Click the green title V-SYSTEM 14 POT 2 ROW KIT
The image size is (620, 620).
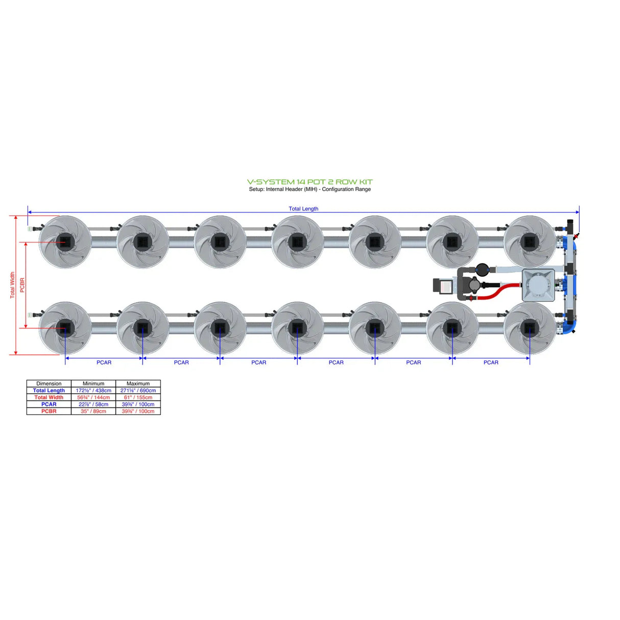pyautogui.click(x=309, y=182)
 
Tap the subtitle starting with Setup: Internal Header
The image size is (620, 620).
pyautogui.click(x=309, y=189)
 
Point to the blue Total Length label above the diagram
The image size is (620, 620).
pyautogui.click(x=303, y=208)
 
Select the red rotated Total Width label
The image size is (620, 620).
pyautogui.click(x=13, y=285)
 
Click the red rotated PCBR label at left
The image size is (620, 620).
pyautogui.click(x=22, y=285)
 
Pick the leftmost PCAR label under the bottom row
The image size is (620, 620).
pyautogui.click(x=104, y=363)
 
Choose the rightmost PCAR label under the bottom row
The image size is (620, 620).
pyautogui.click(x=491, y=363)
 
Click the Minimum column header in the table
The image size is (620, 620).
pyautogui.click(x=93, y=384)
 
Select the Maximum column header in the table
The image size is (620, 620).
pyautogui.click(x=138, y=384)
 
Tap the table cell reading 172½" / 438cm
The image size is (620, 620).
pyautogui.click(x=93, y=390)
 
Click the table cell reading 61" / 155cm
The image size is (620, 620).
pyautogui.click(x=138, y=397)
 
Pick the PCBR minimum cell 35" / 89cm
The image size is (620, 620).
pyautogui.click(x=93, y=411)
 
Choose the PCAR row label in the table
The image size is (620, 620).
pyautogui.click(x=49, y=404)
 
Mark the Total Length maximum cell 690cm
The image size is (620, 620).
pyautogui.click(x=138, y=390)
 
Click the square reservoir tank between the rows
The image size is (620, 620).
pyautogui.click(x=538, y=285)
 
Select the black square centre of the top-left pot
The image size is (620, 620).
pyautogui.click(x=65, y=241)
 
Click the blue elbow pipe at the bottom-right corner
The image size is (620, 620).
pyautogui.click(x=571, y=327)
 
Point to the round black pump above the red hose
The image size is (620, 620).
pyautogui.click(x=482, y=269)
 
